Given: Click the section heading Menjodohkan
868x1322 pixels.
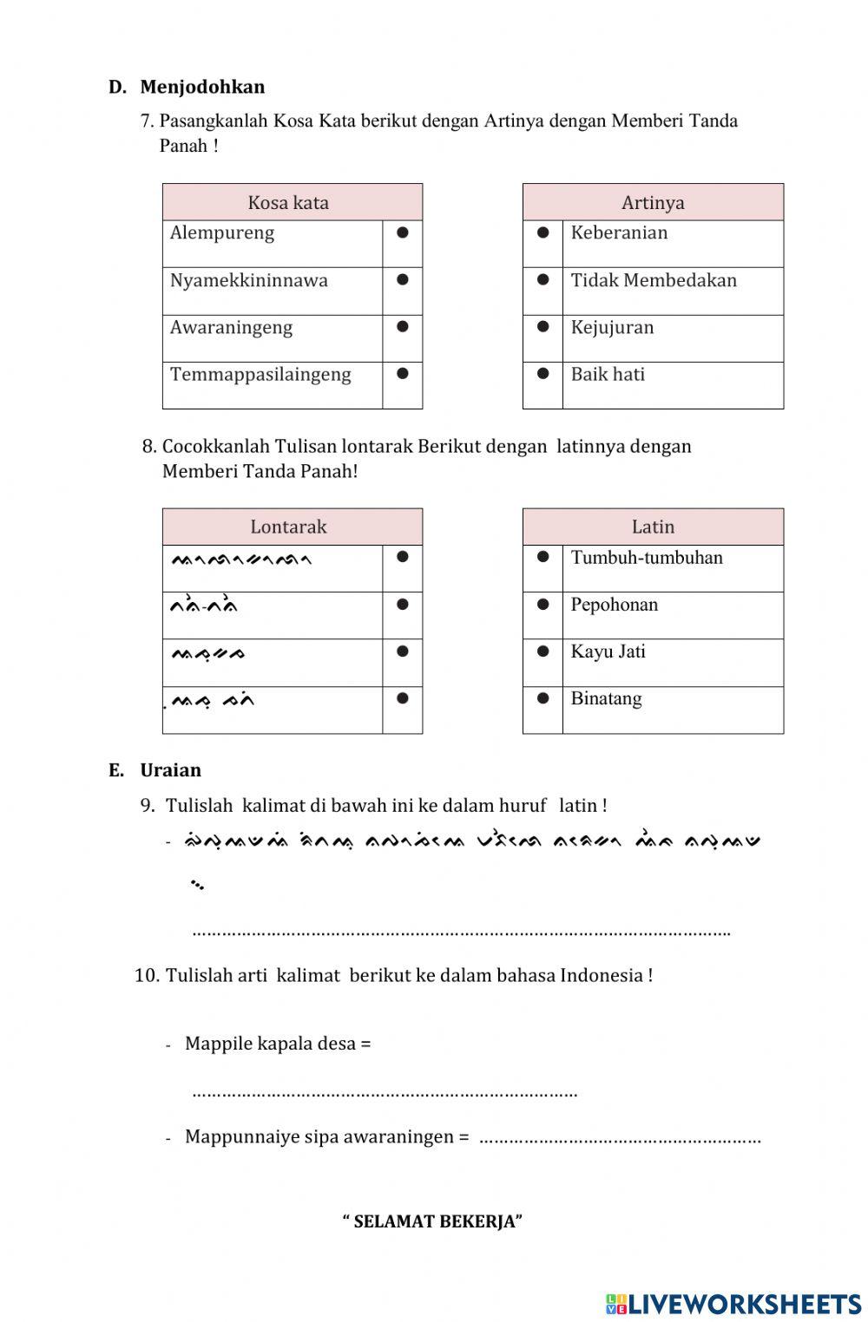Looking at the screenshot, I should [x=201, y=87].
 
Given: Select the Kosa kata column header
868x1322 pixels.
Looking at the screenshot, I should [x=288, y=203].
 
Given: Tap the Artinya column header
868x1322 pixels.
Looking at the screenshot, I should [x=653, y=203].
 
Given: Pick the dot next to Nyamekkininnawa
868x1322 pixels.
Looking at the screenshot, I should [x=402, y=279].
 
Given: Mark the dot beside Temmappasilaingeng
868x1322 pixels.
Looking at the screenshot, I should [x=402, y=373].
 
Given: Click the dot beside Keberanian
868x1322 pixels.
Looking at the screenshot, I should [x=542, y=232].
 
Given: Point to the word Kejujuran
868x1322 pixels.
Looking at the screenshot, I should [x=612, y=328].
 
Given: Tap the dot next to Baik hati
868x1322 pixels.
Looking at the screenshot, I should [x=542, y=373].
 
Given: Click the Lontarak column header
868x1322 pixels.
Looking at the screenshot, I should [x=288, y=527].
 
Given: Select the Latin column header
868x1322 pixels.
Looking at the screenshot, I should [x=653, y=527].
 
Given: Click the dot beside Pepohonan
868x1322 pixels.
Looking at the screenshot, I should [x=542, y=604].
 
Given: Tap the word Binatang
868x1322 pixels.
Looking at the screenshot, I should [x=606, y=699].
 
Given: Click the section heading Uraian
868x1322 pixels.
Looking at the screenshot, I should [x=170, y=770].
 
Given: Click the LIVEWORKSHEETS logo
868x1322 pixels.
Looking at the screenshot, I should [x=733, y=1304].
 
